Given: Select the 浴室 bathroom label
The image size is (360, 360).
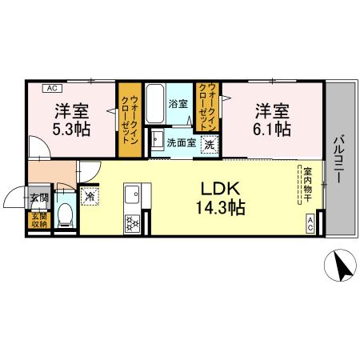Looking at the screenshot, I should coord(177,104).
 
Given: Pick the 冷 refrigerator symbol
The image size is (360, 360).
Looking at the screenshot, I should coord(90,194).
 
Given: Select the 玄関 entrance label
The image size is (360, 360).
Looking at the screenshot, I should coord(38,197).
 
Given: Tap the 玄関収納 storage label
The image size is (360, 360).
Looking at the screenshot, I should coord(38,220).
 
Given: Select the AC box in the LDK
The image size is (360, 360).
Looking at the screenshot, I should coord(310,226).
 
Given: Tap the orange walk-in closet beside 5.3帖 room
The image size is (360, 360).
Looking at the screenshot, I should coord(127,121).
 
